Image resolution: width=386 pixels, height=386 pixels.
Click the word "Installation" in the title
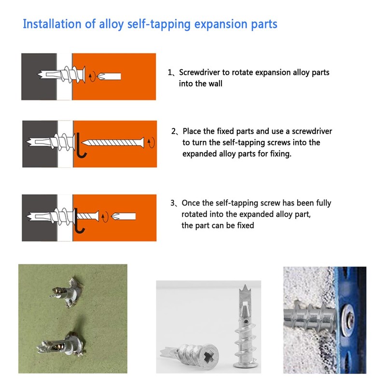click(x=52, y=24)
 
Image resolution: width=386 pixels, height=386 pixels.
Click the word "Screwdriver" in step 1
click(x=199, y=72)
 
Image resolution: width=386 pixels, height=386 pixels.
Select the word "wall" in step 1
click(x=215, y=83)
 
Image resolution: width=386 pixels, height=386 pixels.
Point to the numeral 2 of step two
click(x=174, y=131)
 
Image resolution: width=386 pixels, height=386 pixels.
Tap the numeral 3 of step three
click(x=173, y=203)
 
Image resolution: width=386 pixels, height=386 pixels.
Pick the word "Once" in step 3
click(x=190, y=203)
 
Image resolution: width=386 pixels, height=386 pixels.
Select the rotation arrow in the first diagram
click(x=92, y=76)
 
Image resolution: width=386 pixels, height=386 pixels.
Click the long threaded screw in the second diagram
click(x=113, y=143)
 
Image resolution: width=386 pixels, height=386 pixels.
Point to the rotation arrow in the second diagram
click(x=151, y=142)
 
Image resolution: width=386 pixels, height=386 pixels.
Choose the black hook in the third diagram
click(x=79, y=221)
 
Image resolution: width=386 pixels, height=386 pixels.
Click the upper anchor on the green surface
click(x=67, y=292)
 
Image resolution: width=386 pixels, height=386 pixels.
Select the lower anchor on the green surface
click(x=62, y=344)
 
